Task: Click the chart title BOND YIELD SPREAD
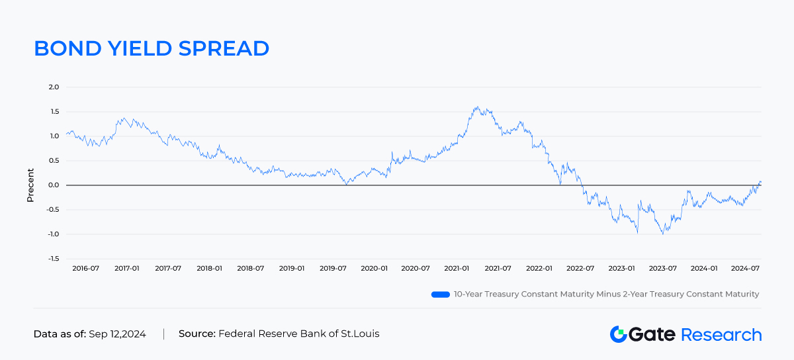(x=152, y=48)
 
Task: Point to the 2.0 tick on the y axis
(x=54, y=87)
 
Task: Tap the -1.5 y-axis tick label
(x=53, y=259)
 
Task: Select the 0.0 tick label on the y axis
(x=54, y=185)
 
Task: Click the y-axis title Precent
(x=30, y=185)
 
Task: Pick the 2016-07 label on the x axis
(x=86, y=269)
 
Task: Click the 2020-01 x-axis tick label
(x=374, y=269)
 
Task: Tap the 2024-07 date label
(x=744, y=269)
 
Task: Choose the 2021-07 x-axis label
(x=498, y=269)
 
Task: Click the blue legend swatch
(x=440, y=294)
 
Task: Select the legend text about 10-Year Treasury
(x=606, y=294)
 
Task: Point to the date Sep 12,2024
(x=117, y=334)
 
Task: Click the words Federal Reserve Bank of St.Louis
(x=298, y=334)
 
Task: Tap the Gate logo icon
(x=618, y=334)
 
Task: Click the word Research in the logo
(x=721, y=334)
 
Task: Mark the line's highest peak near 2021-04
(x=476, y=106)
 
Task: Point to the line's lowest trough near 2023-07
(x=663, y=234)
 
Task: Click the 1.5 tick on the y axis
(x=54, y=112)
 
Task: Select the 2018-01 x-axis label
(x=209, y=269)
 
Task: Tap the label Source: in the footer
(x=197, y=334)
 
